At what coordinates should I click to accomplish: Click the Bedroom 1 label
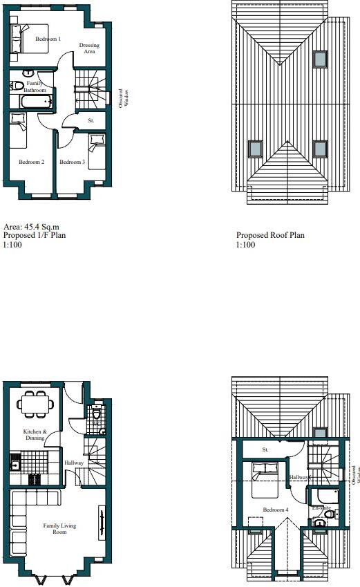[48, 39]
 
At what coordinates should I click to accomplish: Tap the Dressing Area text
[89, 48]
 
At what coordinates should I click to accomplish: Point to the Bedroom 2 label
[32, 162]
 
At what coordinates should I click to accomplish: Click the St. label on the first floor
[91, 121]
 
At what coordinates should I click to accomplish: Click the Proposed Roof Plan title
[270, 235]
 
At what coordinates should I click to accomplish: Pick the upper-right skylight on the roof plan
[320, 59]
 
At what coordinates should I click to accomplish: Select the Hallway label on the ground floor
[74, 463]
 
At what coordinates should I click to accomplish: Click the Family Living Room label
[59, 530]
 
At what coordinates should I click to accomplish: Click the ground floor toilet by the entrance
[97, 416]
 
